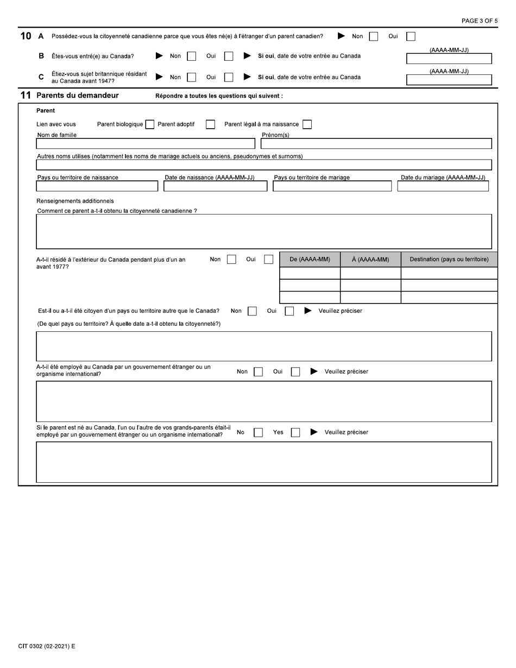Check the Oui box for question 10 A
tap(411, 36)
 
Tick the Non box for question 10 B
tap(191, 56)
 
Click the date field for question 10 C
tap(449, 80)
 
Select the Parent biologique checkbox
tap(149, 124)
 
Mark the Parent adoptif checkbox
tap(210, 124)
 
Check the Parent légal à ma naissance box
tap(307, 124)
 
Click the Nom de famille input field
tap(145, 144)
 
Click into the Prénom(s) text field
tap(376, 144)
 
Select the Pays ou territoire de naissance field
tap(97, 186)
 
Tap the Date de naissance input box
tap(215, 186)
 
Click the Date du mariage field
tap(443, 186)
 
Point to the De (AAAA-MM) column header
tap(310, 260)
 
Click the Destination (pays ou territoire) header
tap(449, 260)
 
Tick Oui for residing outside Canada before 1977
tap(268, 260)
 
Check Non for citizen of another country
tap(252, 311)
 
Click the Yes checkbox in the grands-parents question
tap(295, 433)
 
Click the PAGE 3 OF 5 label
tap(479, 21)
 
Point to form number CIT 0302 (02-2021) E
tap(47, 646)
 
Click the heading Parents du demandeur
tap(77, 96)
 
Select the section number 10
tap(26, 36)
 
